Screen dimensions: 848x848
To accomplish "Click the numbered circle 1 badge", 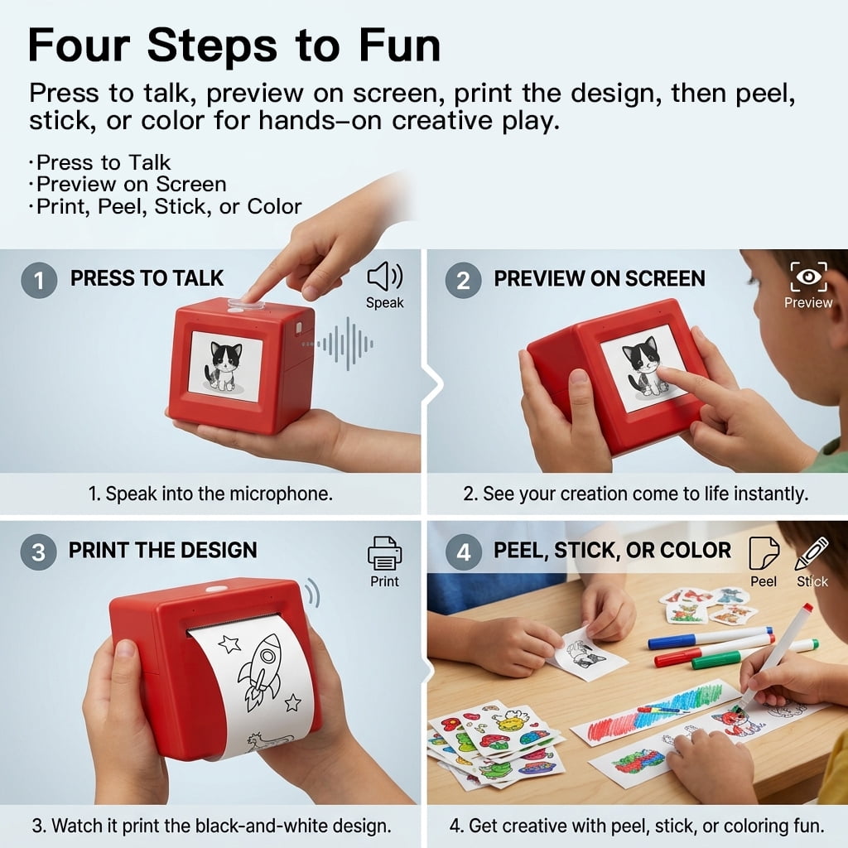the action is [39, 280].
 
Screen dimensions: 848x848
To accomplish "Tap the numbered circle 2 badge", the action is [464, 280].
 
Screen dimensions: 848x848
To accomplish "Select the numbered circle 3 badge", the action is [38, 552].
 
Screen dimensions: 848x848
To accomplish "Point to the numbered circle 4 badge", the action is [464, 552].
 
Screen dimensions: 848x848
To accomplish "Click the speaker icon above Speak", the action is [384, 277].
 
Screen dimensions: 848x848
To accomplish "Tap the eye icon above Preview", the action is [808, 277].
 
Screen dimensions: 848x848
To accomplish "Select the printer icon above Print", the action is [384, 552].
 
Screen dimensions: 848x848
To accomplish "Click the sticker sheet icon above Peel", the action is [764, 552].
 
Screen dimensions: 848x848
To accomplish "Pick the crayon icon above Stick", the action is [812, 553].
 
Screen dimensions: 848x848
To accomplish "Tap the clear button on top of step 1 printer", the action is [245, 305].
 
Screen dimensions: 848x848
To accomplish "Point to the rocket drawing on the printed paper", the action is [261, 671].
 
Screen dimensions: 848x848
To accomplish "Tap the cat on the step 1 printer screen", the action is [224, 366].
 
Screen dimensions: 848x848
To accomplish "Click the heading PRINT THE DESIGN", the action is [163, 550].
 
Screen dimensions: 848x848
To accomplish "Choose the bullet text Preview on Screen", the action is [132, 185].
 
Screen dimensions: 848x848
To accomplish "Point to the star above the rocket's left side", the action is [229, 643].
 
